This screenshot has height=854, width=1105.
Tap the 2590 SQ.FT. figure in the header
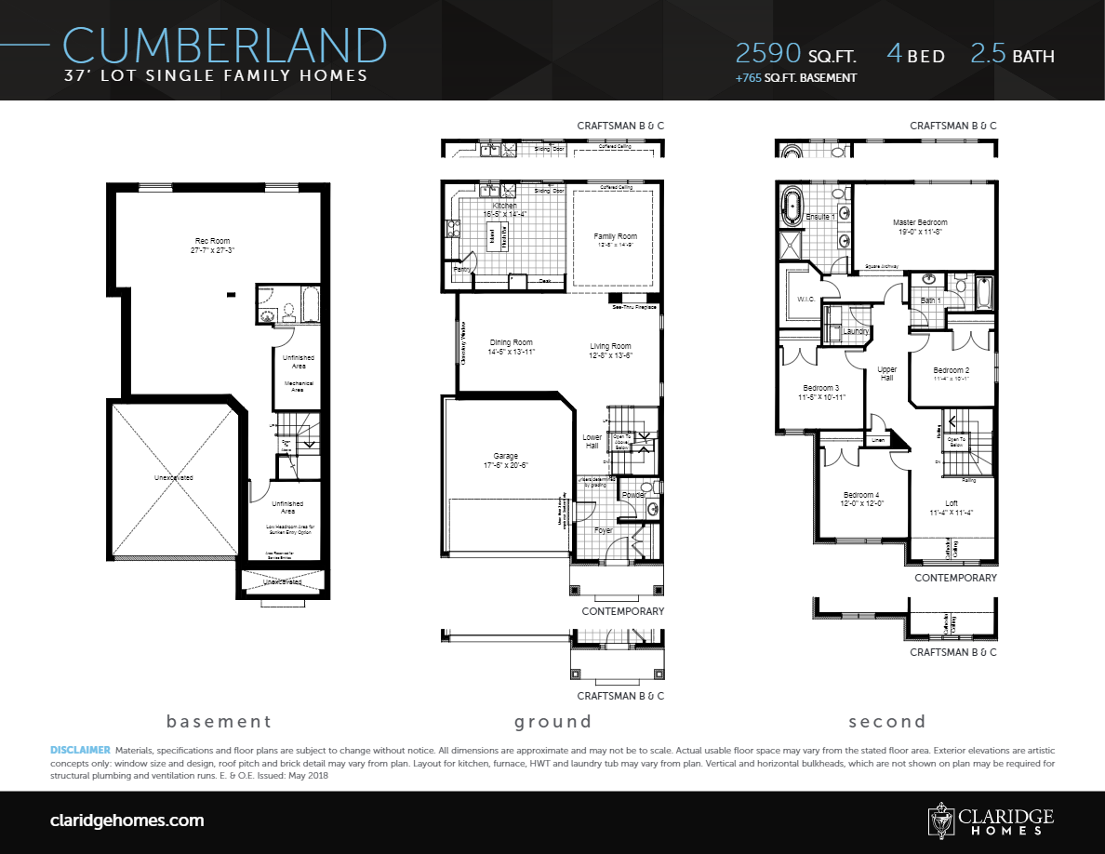point(795,54)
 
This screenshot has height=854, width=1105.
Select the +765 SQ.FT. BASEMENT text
point(795,78)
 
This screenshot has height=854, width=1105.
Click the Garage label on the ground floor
point(505,456)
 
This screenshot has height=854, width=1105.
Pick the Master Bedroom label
point(919,222)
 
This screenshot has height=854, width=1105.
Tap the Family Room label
point(615,236)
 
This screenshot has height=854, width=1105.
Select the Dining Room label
point(511,342)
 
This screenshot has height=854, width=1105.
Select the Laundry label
point(855,331)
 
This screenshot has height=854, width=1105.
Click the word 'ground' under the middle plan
point(552,721)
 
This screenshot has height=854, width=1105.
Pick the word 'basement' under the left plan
point(219,721)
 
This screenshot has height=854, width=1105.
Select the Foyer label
point(605,530)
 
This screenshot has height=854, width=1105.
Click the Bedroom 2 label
point(951,370)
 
